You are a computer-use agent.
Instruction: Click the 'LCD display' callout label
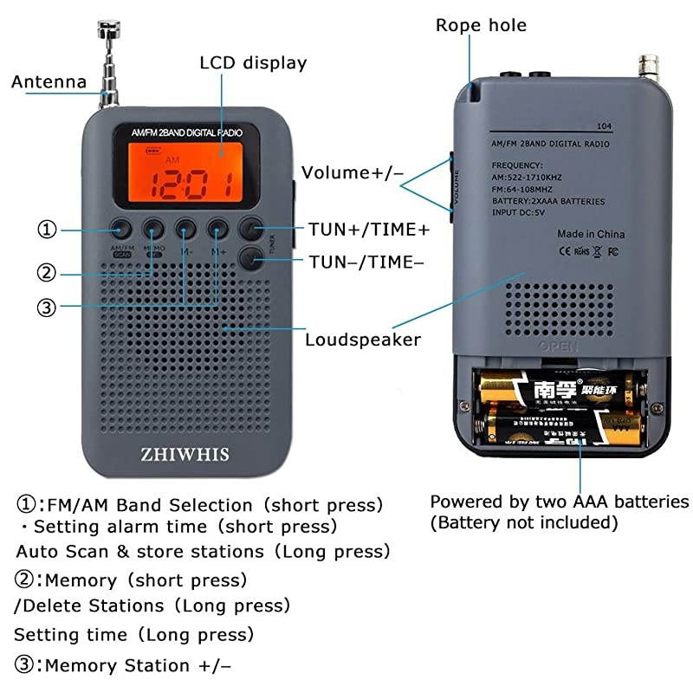253,63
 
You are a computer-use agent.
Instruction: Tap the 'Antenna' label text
49,82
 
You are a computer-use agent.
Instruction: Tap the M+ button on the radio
218,229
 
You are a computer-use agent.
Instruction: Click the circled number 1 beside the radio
47,230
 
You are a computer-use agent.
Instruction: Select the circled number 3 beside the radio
47,306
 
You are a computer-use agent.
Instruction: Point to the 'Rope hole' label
481,25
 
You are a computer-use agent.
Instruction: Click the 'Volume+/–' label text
353,172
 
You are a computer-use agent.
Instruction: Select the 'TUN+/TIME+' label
369,230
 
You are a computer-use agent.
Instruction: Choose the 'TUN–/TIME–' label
366,261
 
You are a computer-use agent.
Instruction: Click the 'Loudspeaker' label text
362,340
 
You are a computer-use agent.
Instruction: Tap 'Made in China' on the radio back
591,234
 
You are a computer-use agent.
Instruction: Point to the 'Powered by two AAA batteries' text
560,502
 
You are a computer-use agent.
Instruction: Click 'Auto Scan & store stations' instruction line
203,551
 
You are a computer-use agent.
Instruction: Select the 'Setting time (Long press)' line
134,634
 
